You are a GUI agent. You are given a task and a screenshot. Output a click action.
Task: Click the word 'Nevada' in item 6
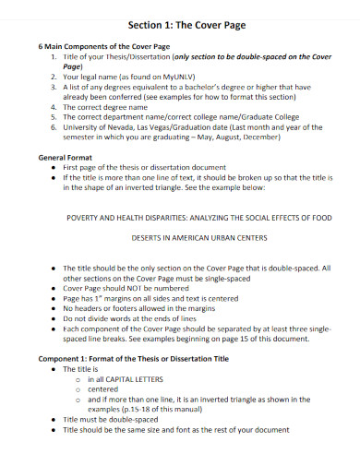coord(124,129)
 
